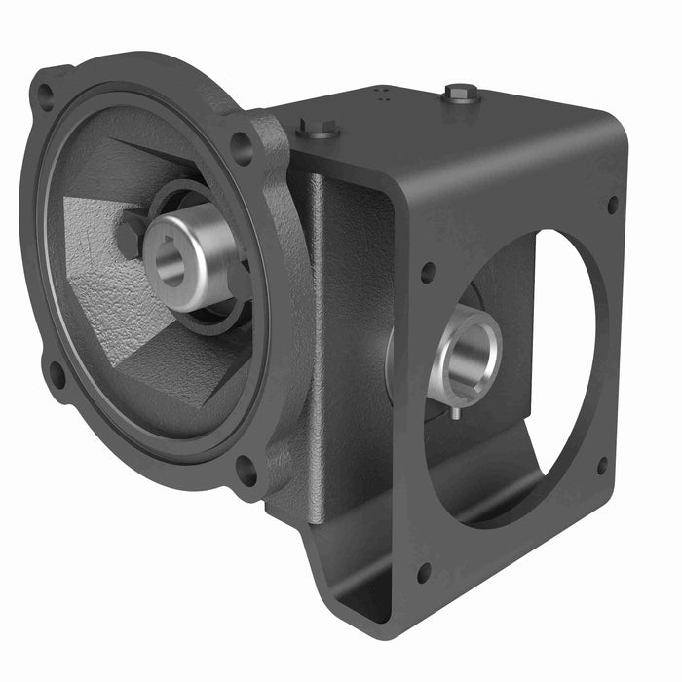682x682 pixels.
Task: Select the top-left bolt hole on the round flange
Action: [45, 95]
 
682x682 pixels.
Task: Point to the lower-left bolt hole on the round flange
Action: [57, 373]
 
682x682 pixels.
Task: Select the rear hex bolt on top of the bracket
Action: [461, 94]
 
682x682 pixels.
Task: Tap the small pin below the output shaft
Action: [456, 412]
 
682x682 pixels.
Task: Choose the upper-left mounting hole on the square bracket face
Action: [427, 272]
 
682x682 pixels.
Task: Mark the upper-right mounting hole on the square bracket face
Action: [612, 205]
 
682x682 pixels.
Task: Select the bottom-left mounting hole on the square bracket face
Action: [424, 572]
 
